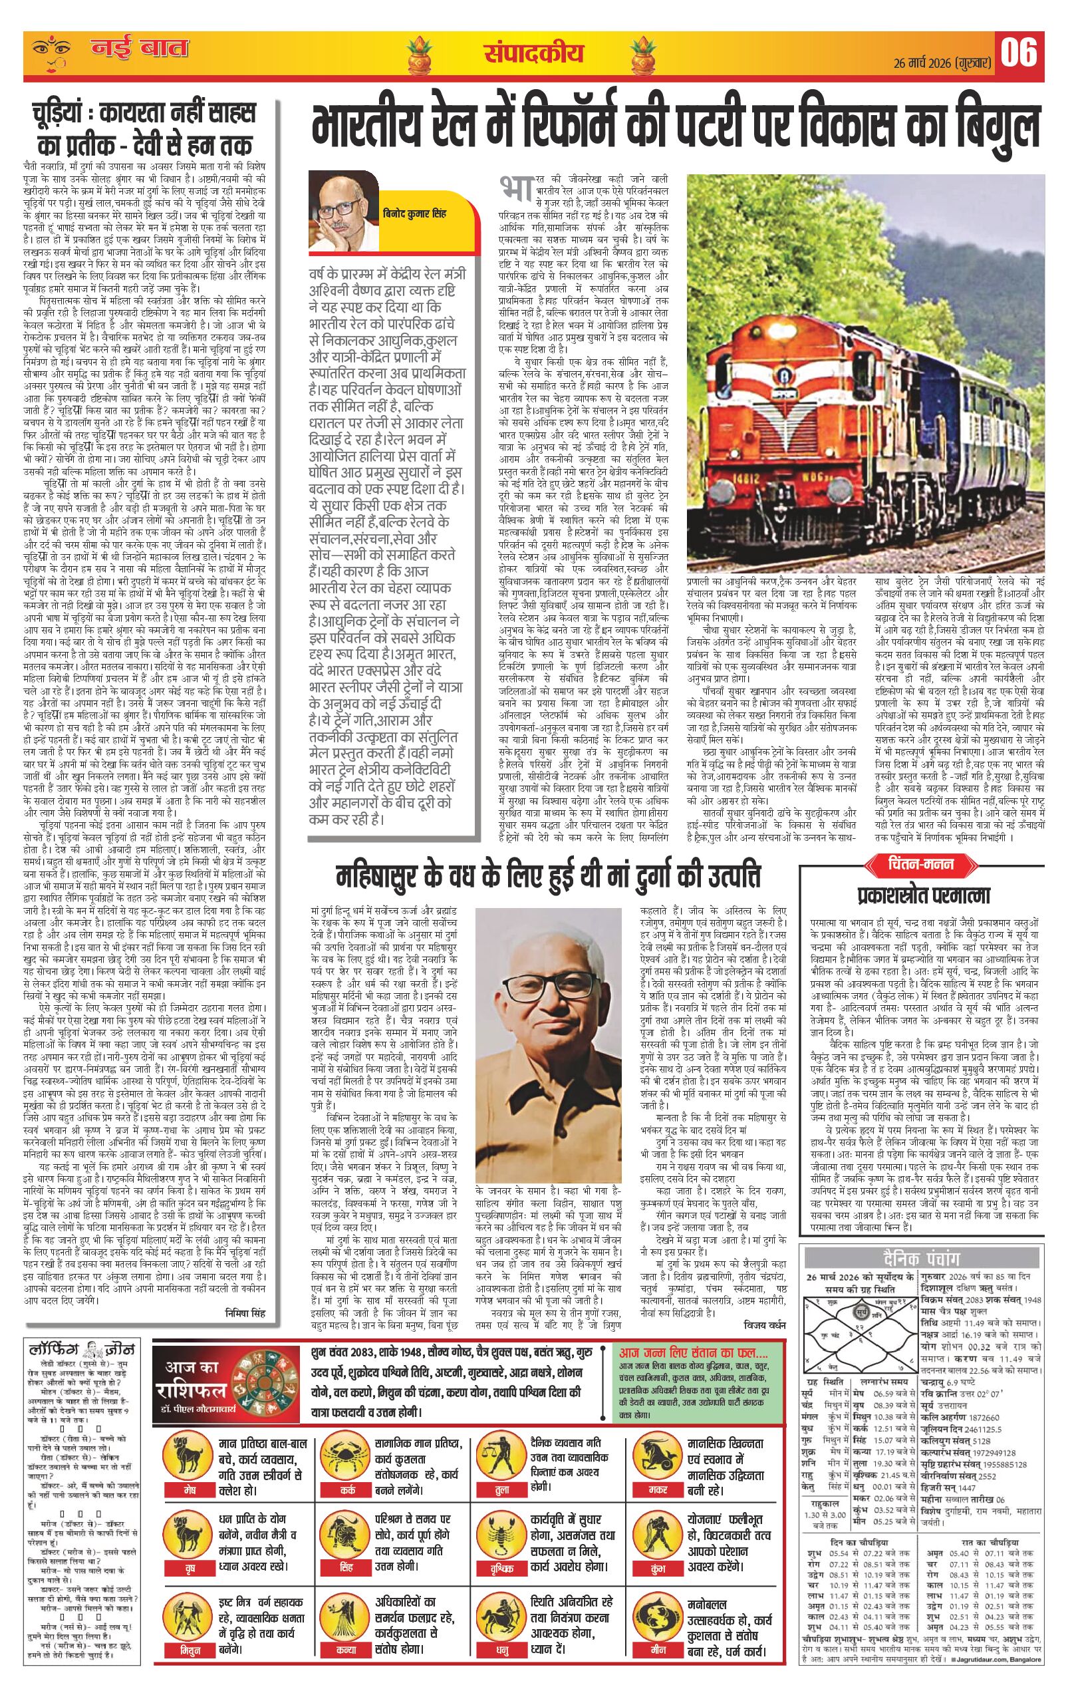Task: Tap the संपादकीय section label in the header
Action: tap(533, 52)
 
